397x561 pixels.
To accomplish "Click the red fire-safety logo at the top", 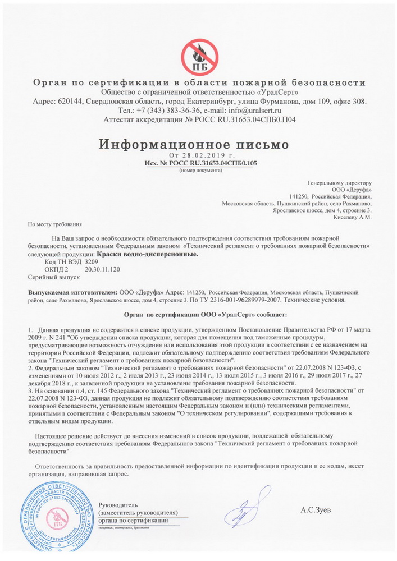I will pyautogui.click(x=199, y=57).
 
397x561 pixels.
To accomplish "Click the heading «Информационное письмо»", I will pyautogui.click(x=194, y=144).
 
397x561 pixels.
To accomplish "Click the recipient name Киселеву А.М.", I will pyautogui.click(x=353, y=217).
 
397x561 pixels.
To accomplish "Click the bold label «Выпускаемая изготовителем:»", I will pyautogui.click(x=72, y=293).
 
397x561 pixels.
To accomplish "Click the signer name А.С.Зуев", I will pyautogui.click(x=316, y=510).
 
